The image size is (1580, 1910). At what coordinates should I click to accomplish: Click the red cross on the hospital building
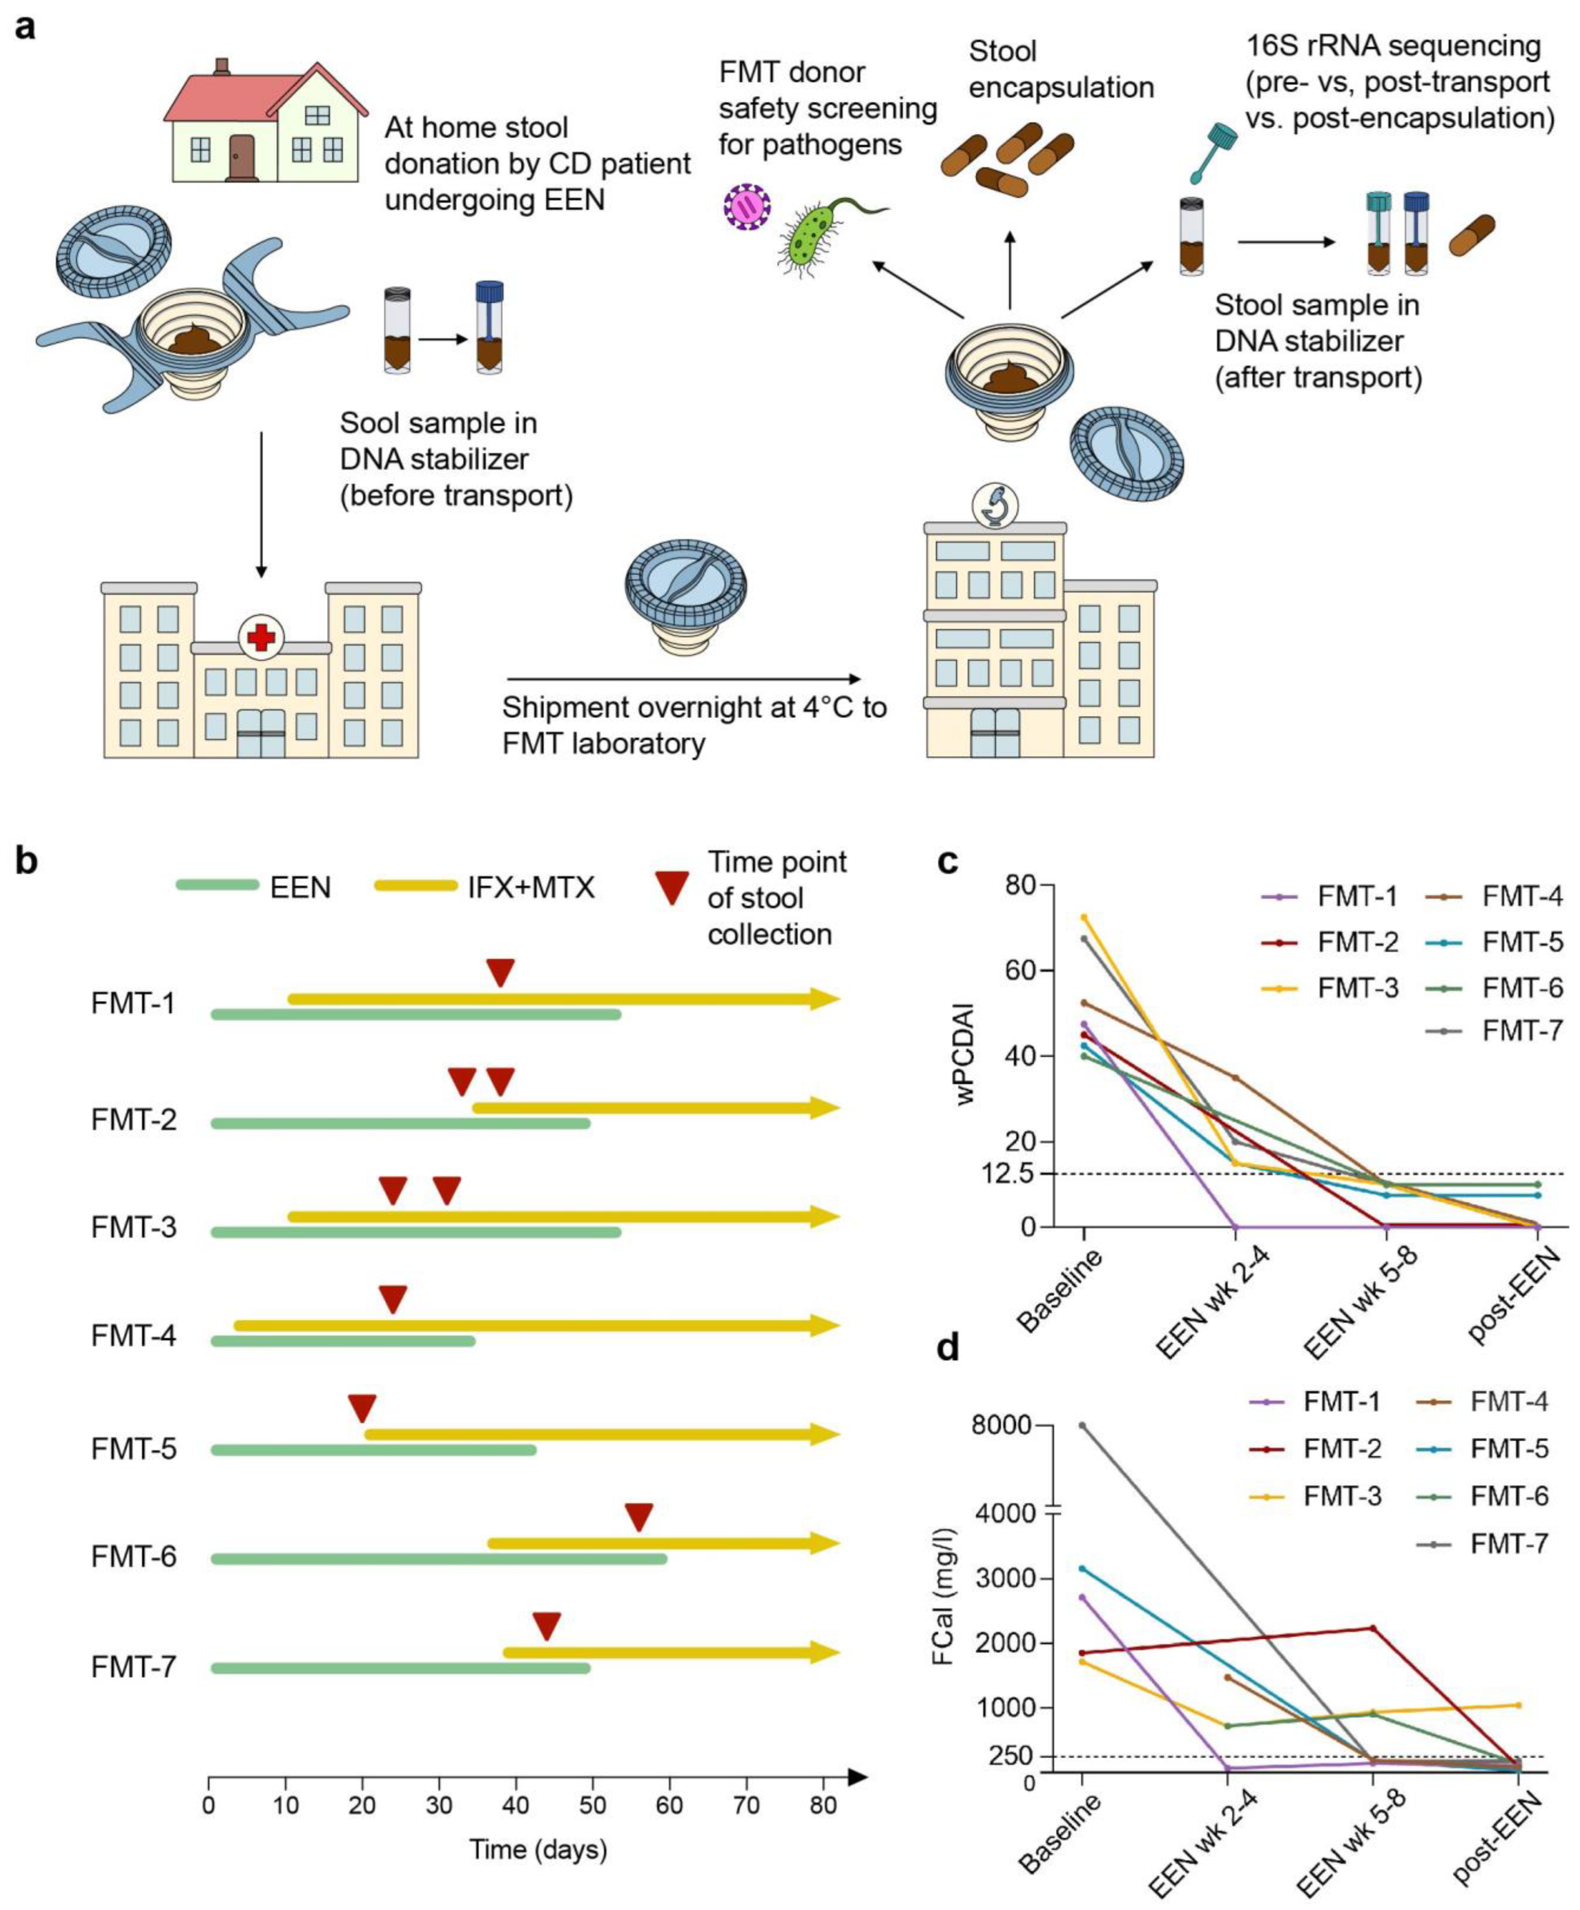coord(261,637)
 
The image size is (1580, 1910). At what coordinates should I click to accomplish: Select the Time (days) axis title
coord(538,1849)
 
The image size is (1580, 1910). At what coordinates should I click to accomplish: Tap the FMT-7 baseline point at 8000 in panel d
coord(1082,1425)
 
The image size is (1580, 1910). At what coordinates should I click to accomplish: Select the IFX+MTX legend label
coord(531,887)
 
